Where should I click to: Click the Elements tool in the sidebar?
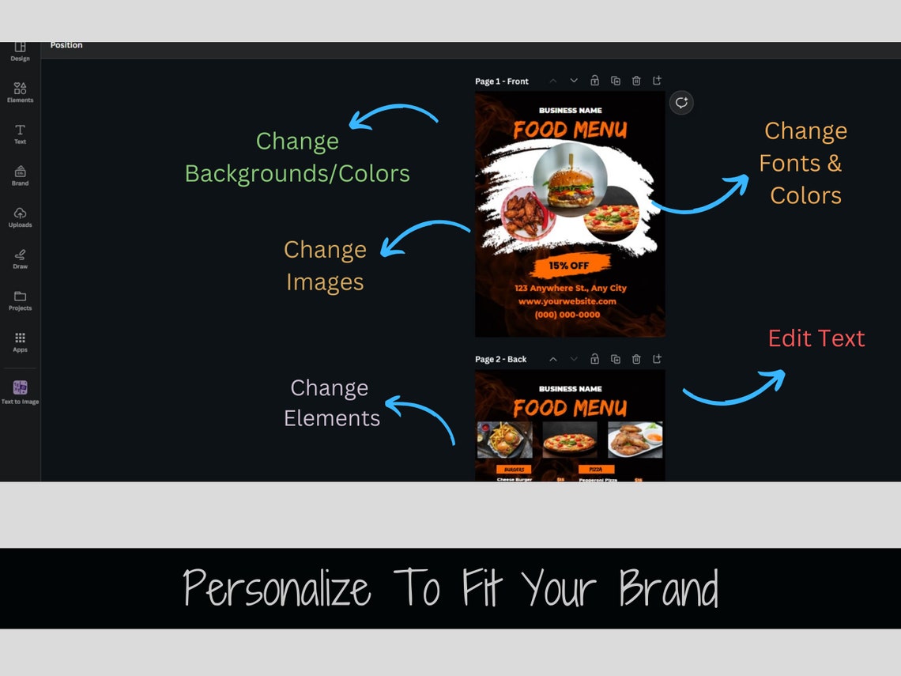[20, 91]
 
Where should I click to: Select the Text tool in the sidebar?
[20, 133]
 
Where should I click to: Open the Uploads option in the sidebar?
[20, 216]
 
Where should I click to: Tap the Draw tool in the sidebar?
[20, 258]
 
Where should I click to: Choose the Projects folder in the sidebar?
[20, 300]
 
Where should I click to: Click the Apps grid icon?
[20, 341]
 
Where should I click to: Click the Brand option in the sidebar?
[20, 174]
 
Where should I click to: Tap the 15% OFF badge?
[569, 266]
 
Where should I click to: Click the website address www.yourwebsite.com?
[567, 301]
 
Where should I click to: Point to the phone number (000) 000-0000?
[567, 315]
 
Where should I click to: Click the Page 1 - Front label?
[501, 81]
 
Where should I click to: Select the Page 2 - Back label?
[500, 360]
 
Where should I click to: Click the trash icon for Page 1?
[636, 81]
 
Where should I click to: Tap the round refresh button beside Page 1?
[681, 103]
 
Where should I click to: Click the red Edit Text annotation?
[816, 338]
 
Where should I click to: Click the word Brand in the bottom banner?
[669, 589]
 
